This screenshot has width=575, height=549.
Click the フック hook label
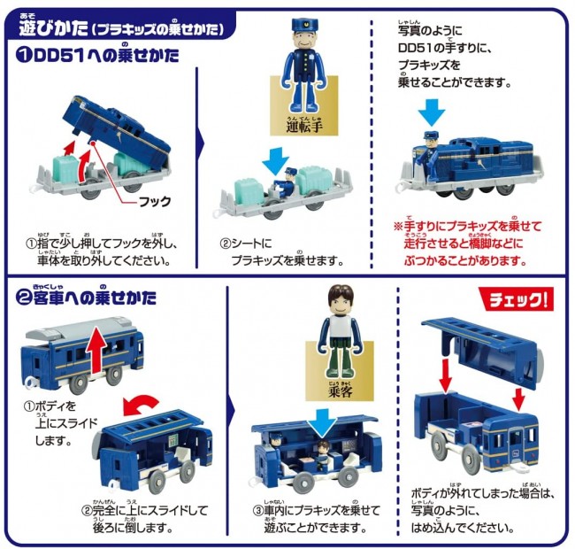[x=155, y=202]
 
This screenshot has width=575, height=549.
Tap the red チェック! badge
[x=517, y=299]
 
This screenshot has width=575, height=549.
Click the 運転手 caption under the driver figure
[x=304, y=126]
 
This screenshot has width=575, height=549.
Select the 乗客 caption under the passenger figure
[x=341, y=390]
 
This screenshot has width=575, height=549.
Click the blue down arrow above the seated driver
[x=275, y=160]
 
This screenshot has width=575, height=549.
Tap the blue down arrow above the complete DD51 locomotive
[x=432, y=112]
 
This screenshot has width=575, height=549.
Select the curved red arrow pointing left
[x=142, y=404]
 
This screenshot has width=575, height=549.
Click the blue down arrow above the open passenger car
[x=322, y=423]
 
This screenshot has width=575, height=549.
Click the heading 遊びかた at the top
[x=53, y=28]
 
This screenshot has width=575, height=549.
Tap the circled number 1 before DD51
[x=24, y=56]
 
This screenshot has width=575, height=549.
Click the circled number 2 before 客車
[x=24, y=298]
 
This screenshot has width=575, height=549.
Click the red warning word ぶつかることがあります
[x=465, y=260]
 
